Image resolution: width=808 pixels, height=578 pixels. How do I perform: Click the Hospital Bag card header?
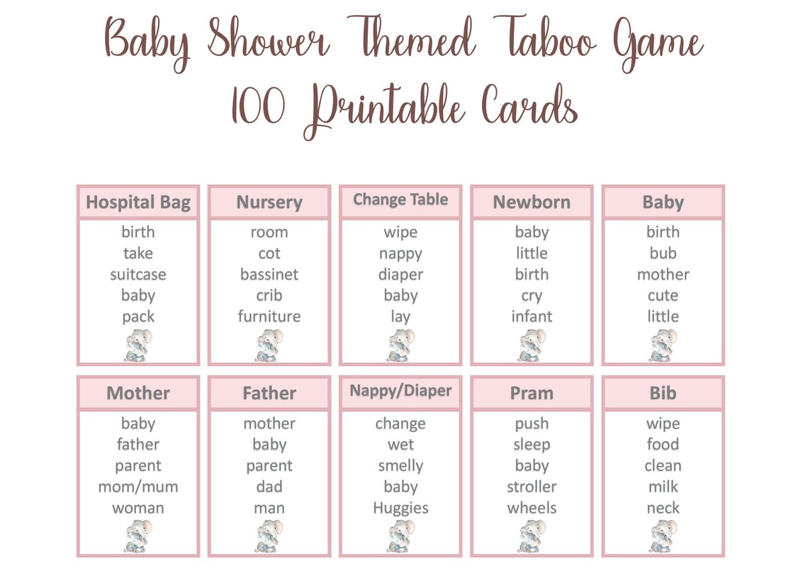[138, 203]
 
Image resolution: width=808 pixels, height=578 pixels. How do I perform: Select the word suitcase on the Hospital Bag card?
[138, 274]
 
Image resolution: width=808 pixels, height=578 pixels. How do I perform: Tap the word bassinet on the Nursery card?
[269, 274]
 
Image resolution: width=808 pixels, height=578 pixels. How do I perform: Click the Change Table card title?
[400, 200]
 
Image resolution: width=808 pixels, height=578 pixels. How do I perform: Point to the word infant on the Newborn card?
[532, 316]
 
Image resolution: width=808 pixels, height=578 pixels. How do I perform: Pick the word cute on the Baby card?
[663, 296]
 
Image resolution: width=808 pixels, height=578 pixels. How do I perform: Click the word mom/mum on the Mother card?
[138, 487]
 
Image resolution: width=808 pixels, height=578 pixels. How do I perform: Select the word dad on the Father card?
[269, 487]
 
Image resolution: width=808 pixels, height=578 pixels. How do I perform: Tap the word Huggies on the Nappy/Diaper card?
[400, 508]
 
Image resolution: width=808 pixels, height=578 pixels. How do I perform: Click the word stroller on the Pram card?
[532, 487]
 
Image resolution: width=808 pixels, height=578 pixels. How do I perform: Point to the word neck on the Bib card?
[663, 508]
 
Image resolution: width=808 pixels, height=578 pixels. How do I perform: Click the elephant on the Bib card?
[663, 536]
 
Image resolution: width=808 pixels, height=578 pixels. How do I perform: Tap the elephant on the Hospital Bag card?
[138, 345]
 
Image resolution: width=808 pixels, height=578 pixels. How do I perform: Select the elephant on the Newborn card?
[532, 345]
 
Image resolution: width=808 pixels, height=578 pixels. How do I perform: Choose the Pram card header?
[532, 394]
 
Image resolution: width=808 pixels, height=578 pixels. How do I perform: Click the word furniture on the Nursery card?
[269, 316]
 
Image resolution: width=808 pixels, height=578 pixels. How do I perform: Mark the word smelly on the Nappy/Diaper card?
[400, 466]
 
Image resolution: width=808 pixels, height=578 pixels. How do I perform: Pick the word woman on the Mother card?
[138, 508]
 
